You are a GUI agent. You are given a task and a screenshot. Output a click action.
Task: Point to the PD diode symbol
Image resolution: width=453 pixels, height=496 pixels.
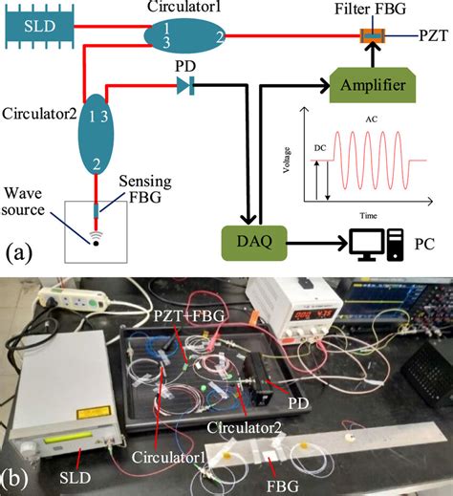coord(184,86)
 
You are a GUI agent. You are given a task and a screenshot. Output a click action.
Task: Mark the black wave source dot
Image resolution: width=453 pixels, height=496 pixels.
coord(97,242)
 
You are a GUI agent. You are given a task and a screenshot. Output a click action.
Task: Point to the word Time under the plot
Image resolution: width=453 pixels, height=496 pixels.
coord(366,216)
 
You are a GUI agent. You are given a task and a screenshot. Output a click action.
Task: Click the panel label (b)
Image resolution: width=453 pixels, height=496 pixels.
coord(20,475)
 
